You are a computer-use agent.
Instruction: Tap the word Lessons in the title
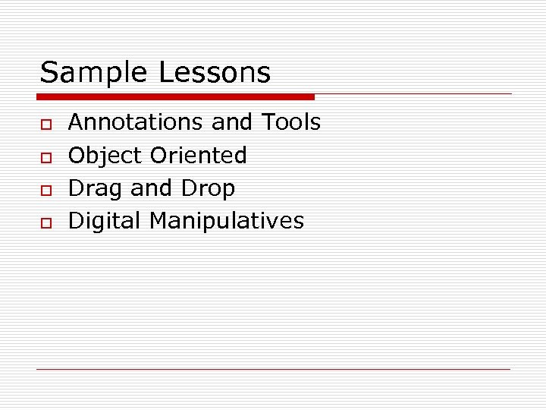click(215, 73)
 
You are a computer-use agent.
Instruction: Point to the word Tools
click(291, 121)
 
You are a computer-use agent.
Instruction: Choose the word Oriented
click(199, 155)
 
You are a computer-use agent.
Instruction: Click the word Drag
click(96, 188)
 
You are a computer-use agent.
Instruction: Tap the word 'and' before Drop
click(152, 188)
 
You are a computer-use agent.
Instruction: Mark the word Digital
click(105, 221)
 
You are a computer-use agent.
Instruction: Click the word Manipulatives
click(227, 221)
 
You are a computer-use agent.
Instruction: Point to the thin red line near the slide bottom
click(274, 369)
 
